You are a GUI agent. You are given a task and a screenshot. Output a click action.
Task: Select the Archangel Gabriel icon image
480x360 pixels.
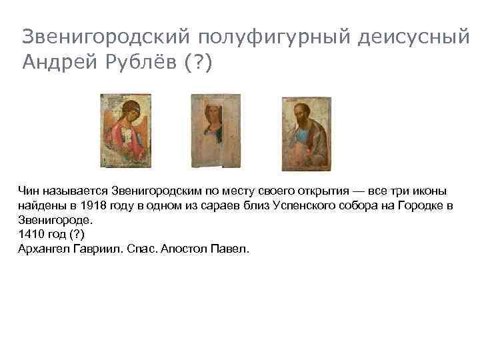pos(126,130)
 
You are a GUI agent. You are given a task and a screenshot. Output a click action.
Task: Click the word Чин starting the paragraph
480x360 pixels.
pos(29,191)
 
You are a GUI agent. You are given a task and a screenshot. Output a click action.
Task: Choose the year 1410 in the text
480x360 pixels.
pos(31,234)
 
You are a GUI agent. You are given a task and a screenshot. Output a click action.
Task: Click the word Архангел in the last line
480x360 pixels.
pos(42,249)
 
